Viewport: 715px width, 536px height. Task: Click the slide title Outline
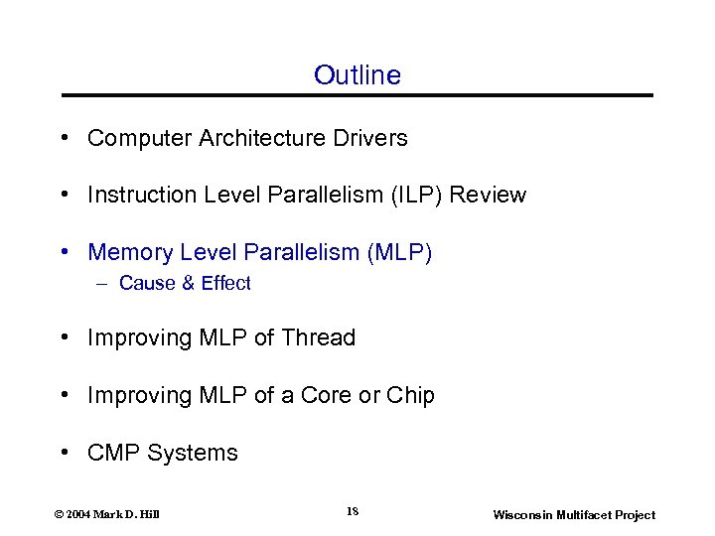(x=357, y=75)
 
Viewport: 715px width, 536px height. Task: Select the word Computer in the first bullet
(x=132, y=138)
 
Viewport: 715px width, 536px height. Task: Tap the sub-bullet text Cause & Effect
(x=185, y=284)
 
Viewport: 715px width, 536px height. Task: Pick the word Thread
(x=318, y=337)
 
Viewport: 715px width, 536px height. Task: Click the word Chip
(x=410, y=395)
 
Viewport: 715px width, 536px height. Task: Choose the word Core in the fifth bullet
(x=327, y=395)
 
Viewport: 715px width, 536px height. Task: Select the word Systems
(x=193, y=453)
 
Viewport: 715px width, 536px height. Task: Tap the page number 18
(x=353, y=511)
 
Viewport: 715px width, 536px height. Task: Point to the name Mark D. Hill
(x=131, y=514)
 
